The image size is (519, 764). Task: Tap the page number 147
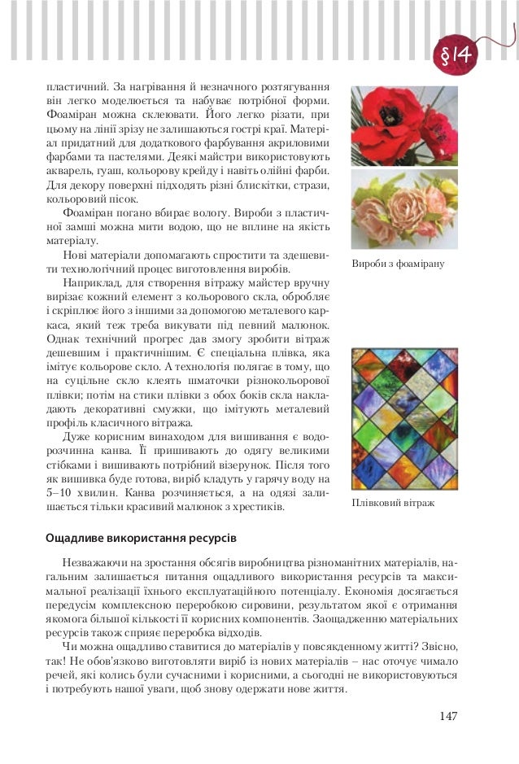(x=447, y=716)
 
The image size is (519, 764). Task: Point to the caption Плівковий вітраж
(x=393, y=503)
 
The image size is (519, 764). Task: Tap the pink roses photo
(x=404, y=208)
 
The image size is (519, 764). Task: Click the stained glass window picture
(x=404, y=418)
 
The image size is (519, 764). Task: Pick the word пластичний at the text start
(x=72, y=86)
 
